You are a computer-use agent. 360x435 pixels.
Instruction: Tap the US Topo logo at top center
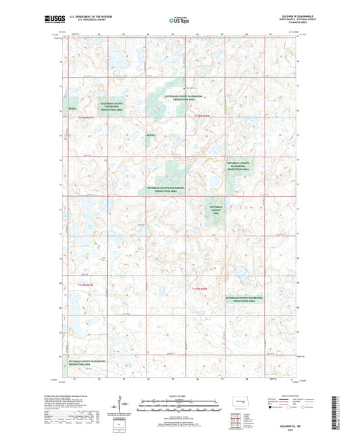point(178,21)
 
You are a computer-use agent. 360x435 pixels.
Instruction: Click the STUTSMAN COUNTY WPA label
point(217,209)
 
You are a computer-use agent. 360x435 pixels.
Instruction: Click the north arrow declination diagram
point(124,407)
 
